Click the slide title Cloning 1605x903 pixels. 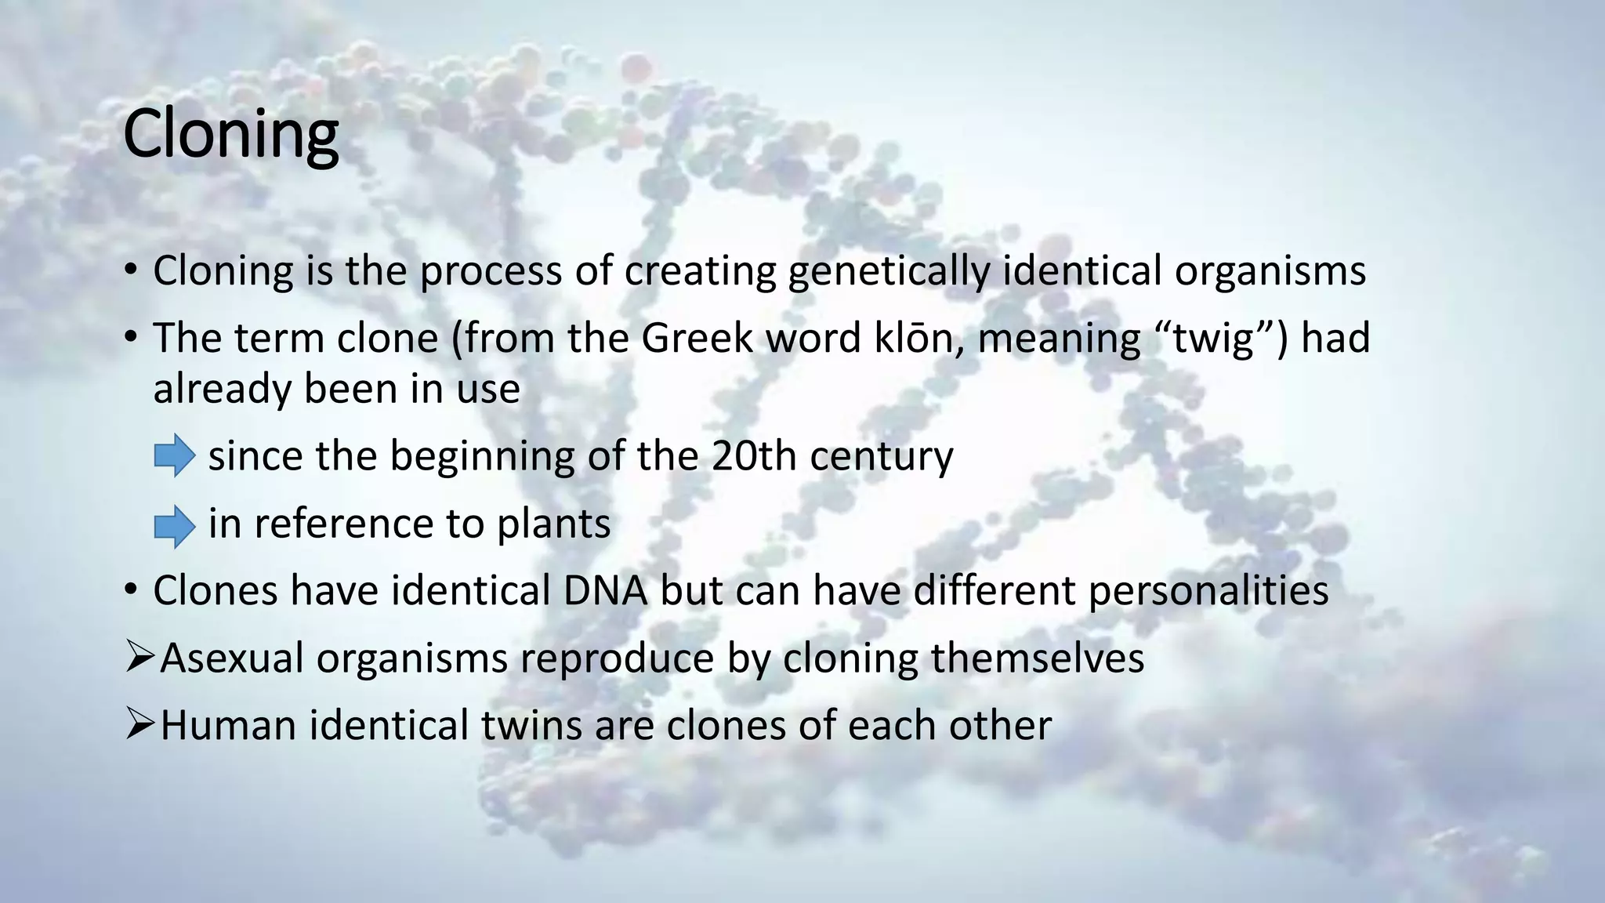coord(230,135)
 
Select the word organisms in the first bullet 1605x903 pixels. coord(1270,272)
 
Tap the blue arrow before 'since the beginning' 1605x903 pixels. coord(174,455)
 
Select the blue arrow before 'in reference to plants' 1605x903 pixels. coord(174,526)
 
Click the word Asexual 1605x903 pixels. coord(231,658)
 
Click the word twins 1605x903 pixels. coord(531,725)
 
